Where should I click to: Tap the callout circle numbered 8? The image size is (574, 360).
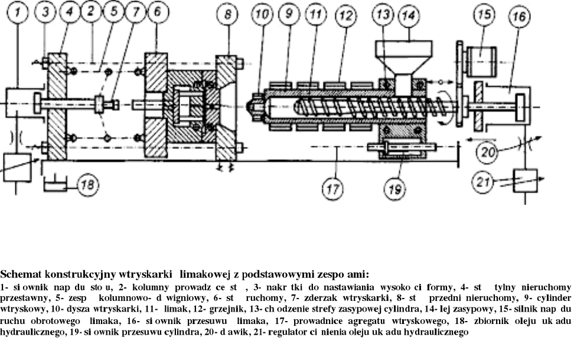coord(227,14)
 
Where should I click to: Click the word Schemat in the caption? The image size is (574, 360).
coord(19,274)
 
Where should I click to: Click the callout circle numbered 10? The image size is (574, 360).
coord(263,14)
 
